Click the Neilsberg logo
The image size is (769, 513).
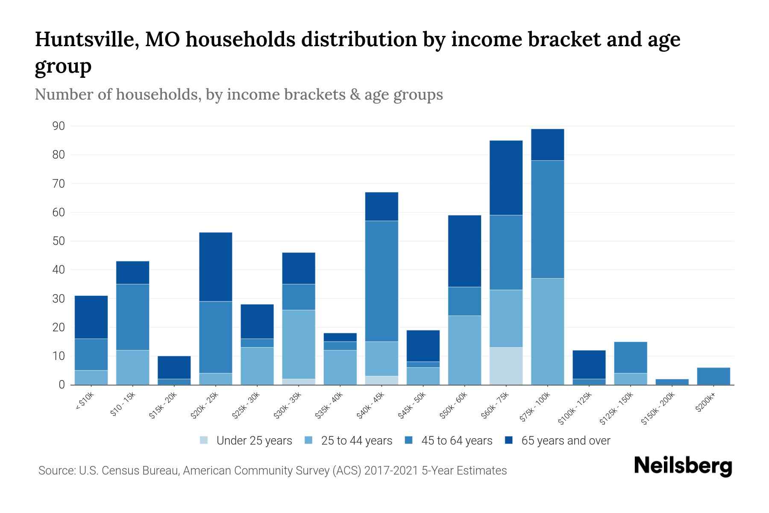pyautogui.click(x=683, y=466)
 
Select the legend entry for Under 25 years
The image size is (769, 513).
pyautogui.click(x=246, y=440)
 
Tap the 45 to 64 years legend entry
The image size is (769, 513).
pyautogui.click(x=449, y=440)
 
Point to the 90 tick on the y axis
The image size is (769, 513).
pyautogui.click(x=59, y=126)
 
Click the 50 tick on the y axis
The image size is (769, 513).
pyautogui.click(x=59, y=241)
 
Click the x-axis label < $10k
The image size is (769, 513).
pyautogui.click(x=85, y=402)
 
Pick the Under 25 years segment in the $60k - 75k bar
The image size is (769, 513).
pyautogui.click(x=506, y=366)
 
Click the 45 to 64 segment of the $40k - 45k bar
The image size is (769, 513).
pyautogui.click(x=382, y=281)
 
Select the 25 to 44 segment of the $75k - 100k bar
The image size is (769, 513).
pyautogui.click(x=547, y=331)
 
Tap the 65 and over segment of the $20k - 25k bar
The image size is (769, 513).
pyautogui.click(x=216, y=267)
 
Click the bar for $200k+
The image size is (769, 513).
pyautogui.click(x=713, y=376)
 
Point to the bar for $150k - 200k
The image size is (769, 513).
pyautogui.click(x=672, y=382)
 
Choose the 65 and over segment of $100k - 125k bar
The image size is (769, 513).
pyautogui.click(x=589, y=365)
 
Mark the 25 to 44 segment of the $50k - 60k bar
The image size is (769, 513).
pyautogui.click(x=464, y=350)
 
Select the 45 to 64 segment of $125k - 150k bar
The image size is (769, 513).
pyautogui.click(x=630, y=357)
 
